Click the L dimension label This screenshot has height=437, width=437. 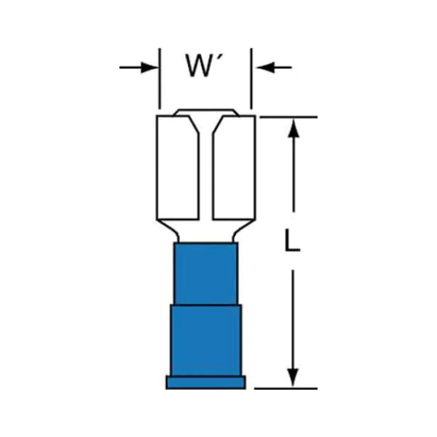pos(292,240)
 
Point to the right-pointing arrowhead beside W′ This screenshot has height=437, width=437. pos(149,68)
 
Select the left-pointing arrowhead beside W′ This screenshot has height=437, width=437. pos(265,68)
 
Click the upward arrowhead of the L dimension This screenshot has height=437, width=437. pos(294,127)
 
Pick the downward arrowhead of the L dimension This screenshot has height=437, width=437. pos(293,377)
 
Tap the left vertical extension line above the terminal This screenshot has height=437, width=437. pos(160,79)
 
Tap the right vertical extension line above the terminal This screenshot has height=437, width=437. pos(251,79)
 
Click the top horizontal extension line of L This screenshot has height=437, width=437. pos(288,117)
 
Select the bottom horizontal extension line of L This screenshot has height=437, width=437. pos(286,388)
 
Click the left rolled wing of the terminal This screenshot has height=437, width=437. pos(178,168)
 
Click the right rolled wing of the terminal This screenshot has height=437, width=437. pos(234,168)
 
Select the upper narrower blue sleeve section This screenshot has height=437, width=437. pos(205,273)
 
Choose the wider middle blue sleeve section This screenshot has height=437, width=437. pos(206,340)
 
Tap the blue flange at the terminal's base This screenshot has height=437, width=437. pos(205,382)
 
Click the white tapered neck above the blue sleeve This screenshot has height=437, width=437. pos(206,231)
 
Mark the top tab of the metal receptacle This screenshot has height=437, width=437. pos(206,112)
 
